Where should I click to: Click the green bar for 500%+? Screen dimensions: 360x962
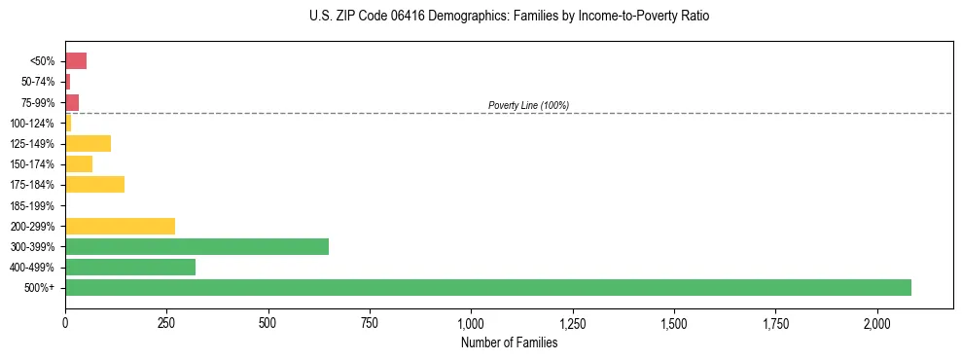(487, 288)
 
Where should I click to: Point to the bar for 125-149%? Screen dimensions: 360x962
(88, 144)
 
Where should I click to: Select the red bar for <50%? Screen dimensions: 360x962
(76, 61)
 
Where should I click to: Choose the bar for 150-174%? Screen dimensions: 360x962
(79, 164)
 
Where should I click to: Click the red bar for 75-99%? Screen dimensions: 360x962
(72, 102)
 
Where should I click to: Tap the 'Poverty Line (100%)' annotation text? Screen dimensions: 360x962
(528, 105)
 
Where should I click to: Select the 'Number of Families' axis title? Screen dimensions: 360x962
(509, 342)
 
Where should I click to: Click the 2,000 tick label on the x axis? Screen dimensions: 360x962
(876, 323)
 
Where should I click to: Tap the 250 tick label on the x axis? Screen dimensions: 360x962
(166, 323)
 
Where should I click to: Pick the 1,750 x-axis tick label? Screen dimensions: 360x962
(775, 323)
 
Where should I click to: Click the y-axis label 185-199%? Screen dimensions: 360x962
(32, 205)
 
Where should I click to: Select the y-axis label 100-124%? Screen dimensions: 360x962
(32, 124)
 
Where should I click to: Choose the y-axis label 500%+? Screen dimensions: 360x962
(40, 288)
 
